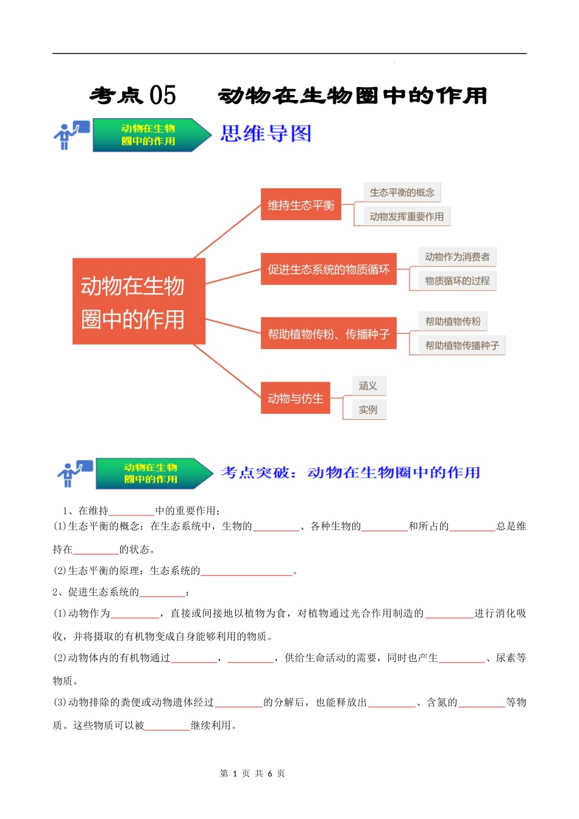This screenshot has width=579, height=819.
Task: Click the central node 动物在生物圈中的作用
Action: pyautogui.click(x=138, y=302)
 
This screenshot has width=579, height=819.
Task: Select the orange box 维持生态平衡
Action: pyautogui.click(x=301, y=205)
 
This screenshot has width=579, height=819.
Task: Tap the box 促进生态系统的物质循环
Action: pyautogui.click(x=329, y=269)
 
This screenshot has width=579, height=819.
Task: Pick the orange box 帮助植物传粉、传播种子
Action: pyautogui.click(x=329, y=333)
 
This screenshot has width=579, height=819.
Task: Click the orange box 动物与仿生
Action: pyautogui.click(x=296, y=398)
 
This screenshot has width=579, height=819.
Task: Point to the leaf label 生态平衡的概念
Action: pyautogui.click(x=402, y=193)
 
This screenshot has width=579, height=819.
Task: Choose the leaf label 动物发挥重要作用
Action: pyautogui.click(x=407, y=216)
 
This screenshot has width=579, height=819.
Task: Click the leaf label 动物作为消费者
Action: pyautogui.click(x=457, y=257)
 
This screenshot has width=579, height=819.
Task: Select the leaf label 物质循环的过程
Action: pyautogui.click(x=457, y=281)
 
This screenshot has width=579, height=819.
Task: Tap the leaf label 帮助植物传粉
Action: pyautogui.click(x=453, y=321)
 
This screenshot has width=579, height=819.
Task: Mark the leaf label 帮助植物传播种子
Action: pyautogui.click(x=462, y=346)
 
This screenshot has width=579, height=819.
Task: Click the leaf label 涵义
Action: pyautogui.click(x=368, y=386)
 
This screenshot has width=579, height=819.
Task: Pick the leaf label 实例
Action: pyautogui.click(x=368, y=409)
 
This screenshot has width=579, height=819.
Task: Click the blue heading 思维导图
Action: pyautogui.click(x=266, y=133)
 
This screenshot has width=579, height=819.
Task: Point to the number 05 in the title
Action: pyautogui.click(x=163, y=95)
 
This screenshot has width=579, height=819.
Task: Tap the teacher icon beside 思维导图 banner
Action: pyautogui.click(x=71, y=135)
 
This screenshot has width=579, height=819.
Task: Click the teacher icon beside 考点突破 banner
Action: pyautogui.click(x=74, y=473)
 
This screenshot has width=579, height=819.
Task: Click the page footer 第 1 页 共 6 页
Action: pyautogui.click(x=252, y=773)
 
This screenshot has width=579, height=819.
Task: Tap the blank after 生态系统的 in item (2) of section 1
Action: pyautogui.click(x=247, y=572)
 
